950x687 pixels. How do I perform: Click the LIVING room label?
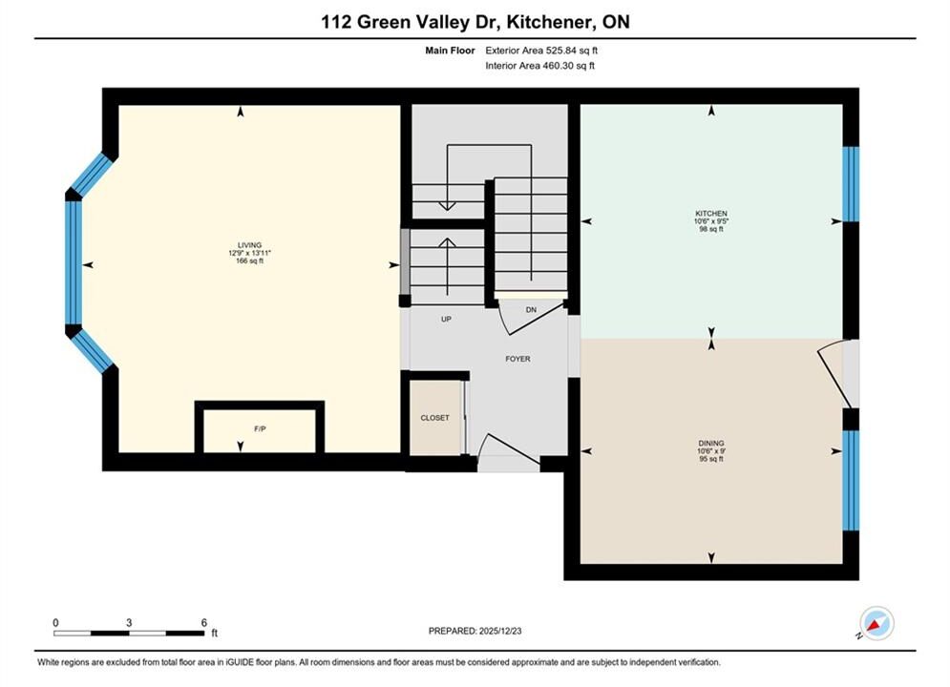[x=249, y=245]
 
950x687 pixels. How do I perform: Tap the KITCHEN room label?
[x=711, y=214]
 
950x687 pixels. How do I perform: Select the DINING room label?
[x=710, y=444]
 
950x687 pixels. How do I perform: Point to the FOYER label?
[x=518, y=359]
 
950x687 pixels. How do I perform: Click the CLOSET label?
[x=435, y=418]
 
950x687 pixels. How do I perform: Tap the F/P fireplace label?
[x=260, y=429]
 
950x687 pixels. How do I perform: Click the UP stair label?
[x=446, y=319]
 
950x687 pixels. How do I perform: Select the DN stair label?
[x=532, y=310]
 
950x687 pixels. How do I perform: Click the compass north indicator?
[x=876, y=623]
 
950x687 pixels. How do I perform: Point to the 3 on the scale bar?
[x=129, y=622]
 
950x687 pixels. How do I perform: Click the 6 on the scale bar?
[x=204, y=622]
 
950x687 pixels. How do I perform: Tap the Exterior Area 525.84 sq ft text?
[x=541, y=51]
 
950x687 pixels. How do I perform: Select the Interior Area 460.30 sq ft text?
[x=539, y=66]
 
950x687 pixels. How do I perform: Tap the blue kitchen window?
[x=852, y=184]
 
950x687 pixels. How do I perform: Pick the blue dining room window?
[x=852, y=481]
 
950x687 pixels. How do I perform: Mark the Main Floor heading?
[x=450, y=51]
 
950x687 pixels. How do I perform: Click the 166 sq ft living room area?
[x=249, y=260]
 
